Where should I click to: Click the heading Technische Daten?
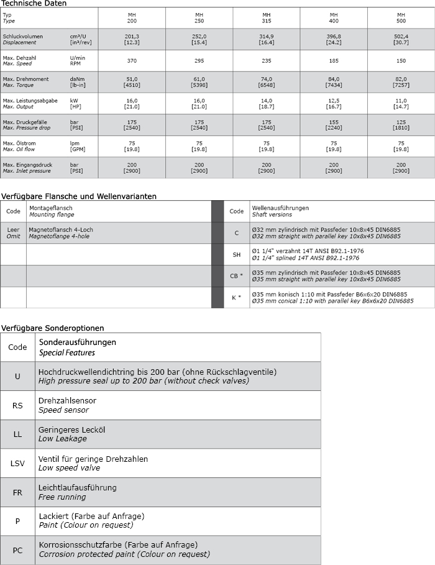[x=34, y=3]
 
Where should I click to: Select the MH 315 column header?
[x=266, y=17]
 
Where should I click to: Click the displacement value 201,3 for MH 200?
[x=131, y=39]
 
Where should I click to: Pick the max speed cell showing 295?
[x=199, y=60]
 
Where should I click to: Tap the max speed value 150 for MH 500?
[x=401, y=60]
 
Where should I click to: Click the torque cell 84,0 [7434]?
[x=334, y=82]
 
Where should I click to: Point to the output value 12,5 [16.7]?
[x=334, y=103]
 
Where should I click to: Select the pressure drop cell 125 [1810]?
[x=401, y=125]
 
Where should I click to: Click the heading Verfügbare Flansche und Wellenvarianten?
[x=78, y=196]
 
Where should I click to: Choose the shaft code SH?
[x=236, y=254]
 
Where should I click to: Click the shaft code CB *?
[x=236, y=275]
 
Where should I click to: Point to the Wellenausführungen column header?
[x=280, y=211]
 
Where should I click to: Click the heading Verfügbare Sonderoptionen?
[x=52, y=328]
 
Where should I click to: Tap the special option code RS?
[x=17, y=406]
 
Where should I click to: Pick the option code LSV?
[x=17, y=463]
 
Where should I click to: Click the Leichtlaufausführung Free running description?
[x=78, y=492]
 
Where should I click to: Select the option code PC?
[x=17, y=549]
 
